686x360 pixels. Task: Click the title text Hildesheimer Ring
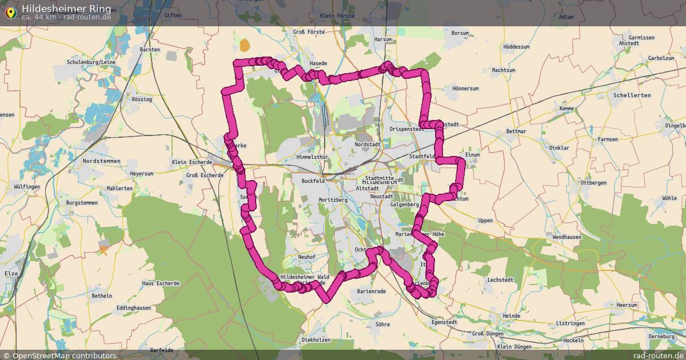[x=63, y=9]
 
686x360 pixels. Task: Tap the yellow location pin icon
[x=10, y=11]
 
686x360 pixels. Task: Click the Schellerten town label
[x=631, y=95]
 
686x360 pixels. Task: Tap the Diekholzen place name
[x=316, y=340]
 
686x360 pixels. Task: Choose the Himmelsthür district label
[x=312, y=157]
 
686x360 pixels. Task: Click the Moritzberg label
[x=333, y=200]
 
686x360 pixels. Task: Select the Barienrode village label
[x=371, y=291]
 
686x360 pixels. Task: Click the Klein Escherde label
[x=190, y=162]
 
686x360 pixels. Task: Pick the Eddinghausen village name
[x=133, y=307]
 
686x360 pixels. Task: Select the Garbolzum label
[x=660, y=58]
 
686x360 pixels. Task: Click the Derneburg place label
[x=662, y=337]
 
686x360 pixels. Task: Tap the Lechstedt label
[x=500, y=280]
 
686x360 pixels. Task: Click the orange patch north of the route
[x=245, y=45]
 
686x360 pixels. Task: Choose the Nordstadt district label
[x=368, y=145]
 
